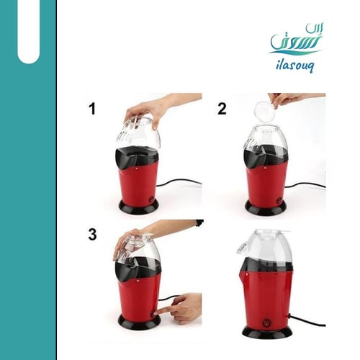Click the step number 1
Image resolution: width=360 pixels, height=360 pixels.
[92, 109]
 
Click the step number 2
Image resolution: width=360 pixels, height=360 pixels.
[222, 109]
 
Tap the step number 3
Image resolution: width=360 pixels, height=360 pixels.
[93, 234]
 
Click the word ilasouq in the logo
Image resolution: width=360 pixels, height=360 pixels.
[294, 66]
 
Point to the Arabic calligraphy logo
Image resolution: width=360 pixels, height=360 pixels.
[296, 39]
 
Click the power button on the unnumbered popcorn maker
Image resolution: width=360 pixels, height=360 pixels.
[266, 323]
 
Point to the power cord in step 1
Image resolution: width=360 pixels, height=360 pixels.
[179, 181]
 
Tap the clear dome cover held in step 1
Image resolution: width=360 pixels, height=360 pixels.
[139, 131]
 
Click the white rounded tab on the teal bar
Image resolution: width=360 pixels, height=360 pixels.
[28, 31]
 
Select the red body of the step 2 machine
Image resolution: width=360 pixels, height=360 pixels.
[266, 182]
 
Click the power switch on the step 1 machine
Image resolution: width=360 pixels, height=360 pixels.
[151, 199]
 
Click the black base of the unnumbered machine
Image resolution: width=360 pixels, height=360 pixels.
[267, 332]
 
